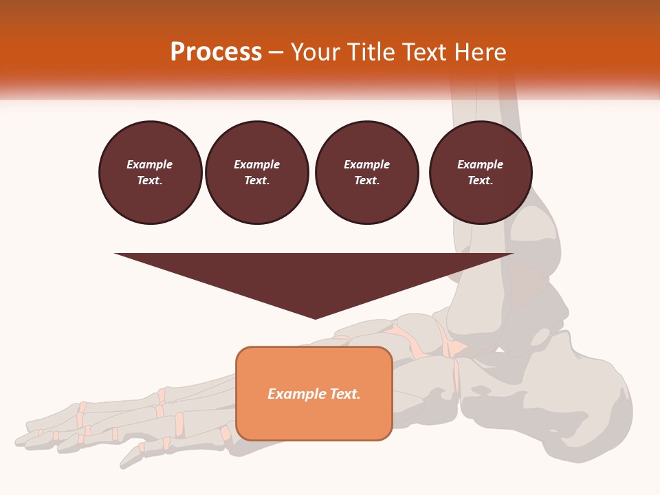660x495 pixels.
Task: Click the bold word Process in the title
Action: (216, 52)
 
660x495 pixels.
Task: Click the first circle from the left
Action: (150, 173)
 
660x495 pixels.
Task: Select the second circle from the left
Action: (257, 173)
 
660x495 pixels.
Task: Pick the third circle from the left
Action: (366, 173)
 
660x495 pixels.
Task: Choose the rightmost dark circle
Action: (481, 173)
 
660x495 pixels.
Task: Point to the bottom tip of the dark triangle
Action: (315, 318)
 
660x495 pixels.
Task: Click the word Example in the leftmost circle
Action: (150, 164)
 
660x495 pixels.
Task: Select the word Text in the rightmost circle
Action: (479, 181)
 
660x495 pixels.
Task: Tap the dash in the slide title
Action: (276, 52)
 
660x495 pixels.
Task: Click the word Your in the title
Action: (316, 52)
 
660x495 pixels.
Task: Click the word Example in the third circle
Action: (366, 164)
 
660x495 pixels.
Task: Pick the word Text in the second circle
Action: (256, 181)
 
